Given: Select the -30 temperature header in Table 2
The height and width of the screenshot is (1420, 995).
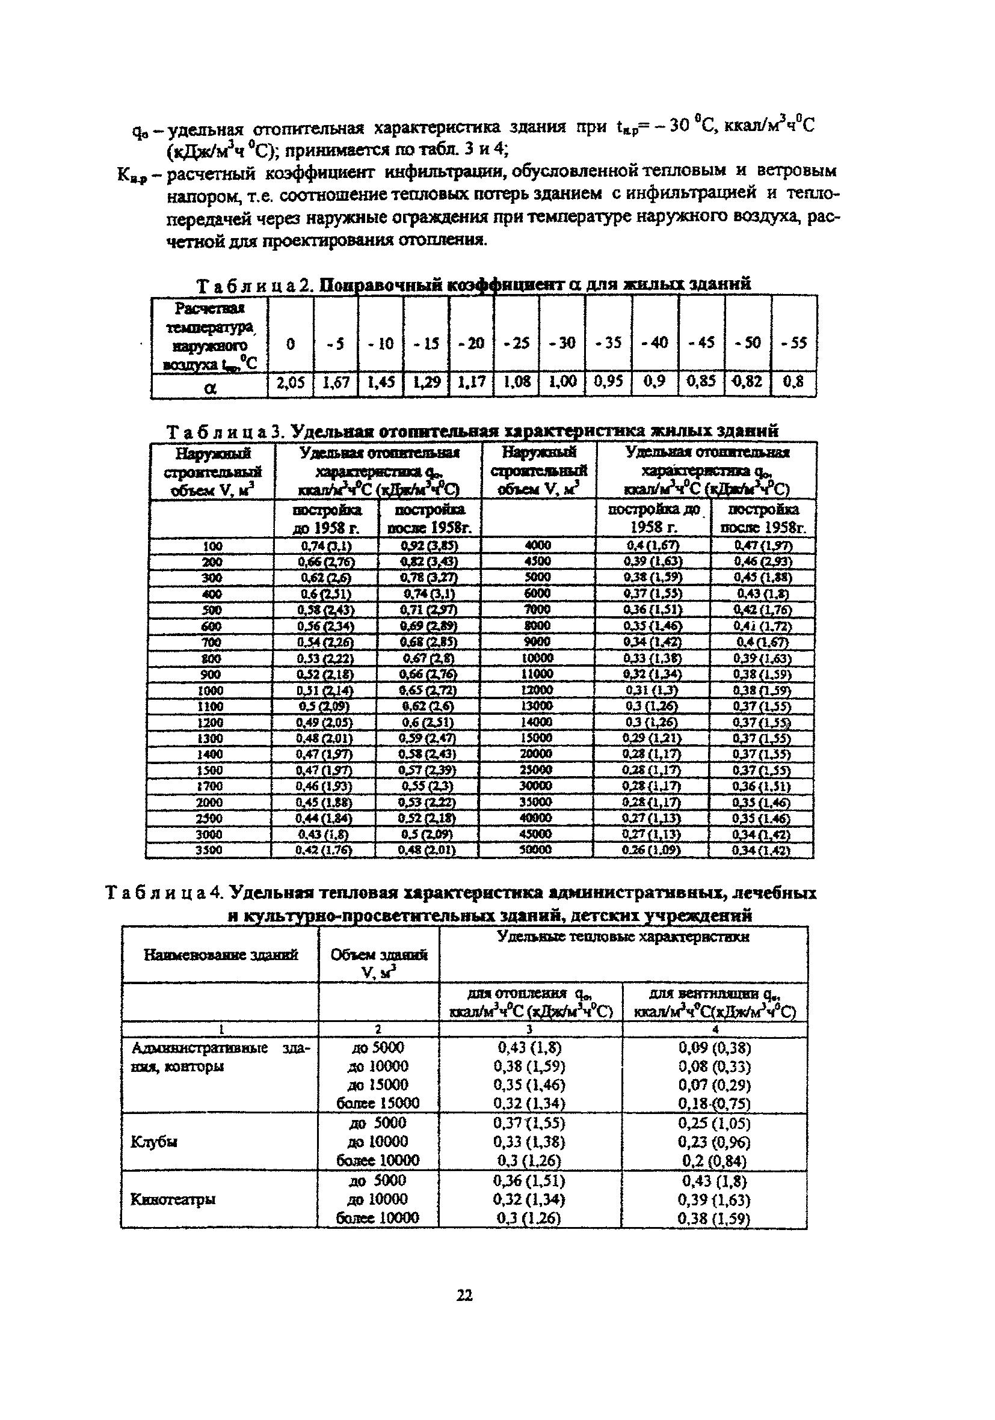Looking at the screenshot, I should (562, 343).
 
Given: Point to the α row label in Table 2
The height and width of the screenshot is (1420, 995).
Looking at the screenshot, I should (210, 388).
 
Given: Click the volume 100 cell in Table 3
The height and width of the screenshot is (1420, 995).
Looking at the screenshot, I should (212, 546).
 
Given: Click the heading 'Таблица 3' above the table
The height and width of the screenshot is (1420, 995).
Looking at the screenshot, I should (223, 431).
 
